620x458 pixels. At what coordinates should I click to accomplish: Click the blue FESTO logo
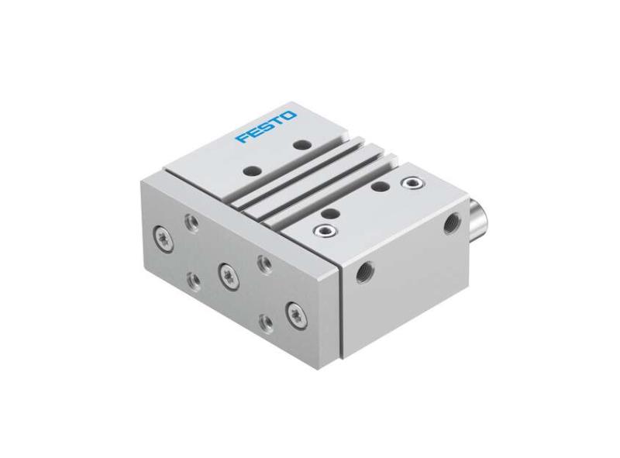[x=267, y=126]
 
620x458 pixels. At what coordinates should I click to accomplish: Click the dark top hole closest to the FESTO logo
[x=299, y=144]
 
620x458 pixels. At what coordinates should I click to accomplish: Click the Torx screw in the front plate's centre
[x=227, y=272]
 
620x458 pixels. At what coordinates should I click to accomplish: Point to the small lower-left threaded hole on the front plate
[x=192, y=277]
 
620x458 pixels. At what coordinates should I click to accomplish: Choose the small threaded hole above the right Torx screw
[x=262, y=263]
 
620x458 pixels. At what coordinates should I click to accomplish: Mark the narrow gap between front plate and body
[x=338, y=310]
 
